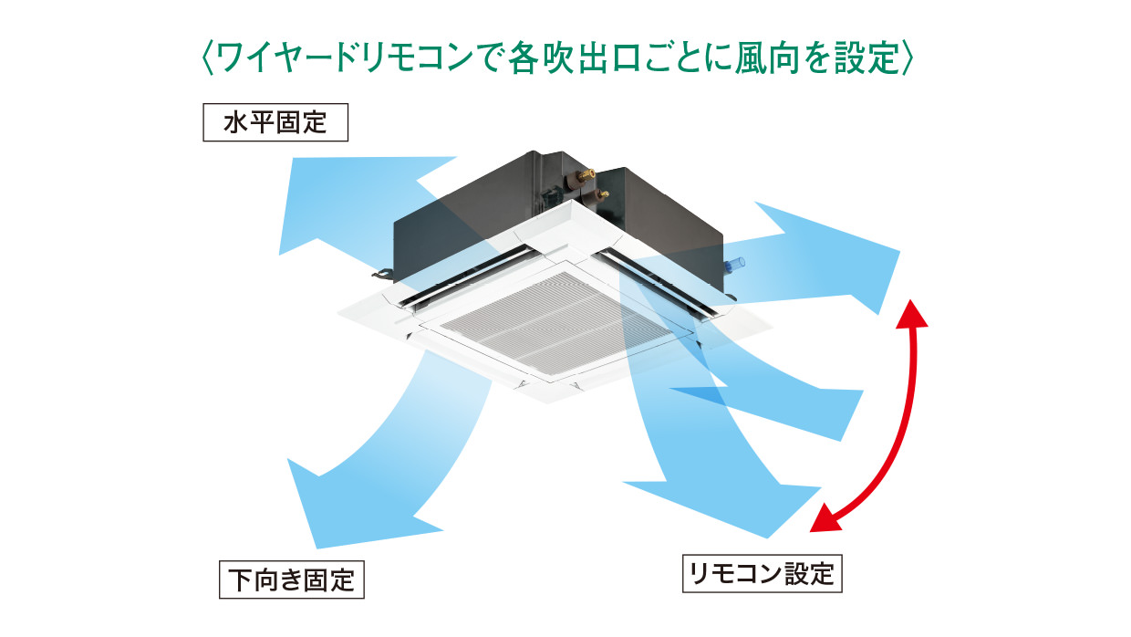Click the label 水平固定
(x=275, y=122)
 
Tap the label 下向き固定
(x=292, y=580)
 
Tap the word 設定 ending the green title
(x=865, y=58)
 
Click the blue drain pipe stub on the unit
(x=734, y=265)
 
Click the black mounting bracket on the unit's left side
(x=382, y=271)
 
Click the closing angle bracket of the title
(x=907, y=58)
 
